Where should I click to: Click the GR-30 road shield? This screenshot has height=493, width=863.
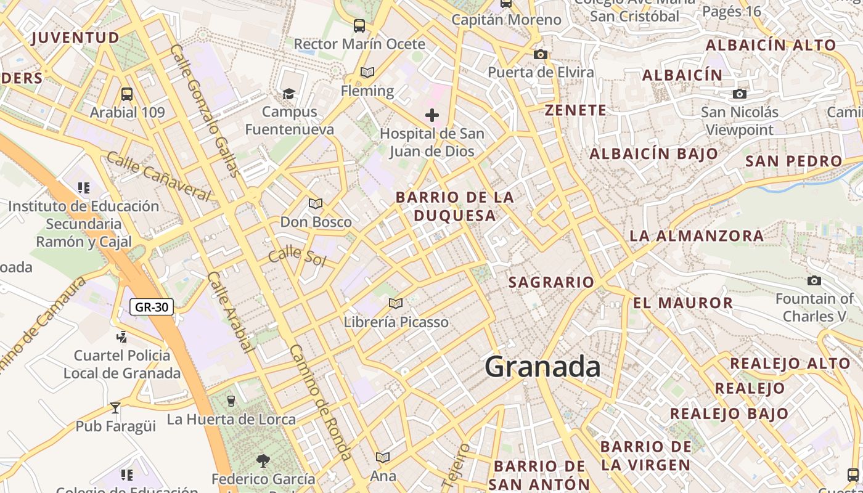(x=152, y=306)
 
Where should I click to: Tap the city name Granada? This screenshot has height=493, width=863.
(x=542, y=367)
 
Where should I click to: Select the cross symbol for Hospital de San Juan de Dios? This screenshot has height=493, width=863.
(x=432, y=115)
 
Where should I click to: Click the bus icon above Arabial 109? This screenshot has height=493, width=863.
(x=127, y=94)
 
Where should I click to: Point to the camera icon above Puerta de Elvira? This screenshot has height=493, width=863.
(x=541, y=54)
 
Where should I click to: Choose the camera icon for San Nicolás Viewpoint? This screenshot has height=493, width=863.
(x=740, y=94)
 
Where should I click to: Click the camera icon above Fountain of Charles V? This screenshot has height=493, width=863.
(x=814, y=280)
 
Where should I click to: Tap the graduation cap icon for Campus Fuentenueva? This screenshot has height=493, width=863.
(x=289, y=94)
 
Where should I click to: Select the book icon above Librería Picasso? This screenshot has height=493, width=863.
(x=396, y=303)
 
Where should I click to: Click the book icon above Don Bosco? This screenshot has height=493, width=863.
(x=316, y=203)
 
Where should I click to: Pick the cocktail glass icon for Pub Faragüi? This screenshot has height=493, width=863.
(x=115, y=407)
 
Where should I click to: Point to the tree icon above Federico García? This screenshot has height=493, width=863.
(x=263, y=460)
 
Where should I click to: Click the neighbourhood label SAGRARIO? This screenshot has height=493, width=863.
(x=551, y=282)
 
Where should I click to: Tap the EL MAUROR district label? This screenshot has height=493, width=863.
(x=683, y=303)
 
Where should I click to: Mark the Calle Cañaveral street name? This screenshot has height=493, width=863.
(x=158, y=176)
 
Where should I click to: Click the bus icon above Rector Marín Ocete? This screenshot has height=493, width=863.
(x=359, y=26)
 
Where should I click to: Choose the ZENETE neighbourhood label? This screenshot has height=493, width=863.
(x=576, y=110)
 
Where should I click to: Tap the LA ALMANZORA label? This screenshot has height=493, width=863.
(x=697, y=235)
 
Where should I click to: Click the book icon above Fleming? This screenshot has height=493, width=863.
(x=367, y=73)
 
